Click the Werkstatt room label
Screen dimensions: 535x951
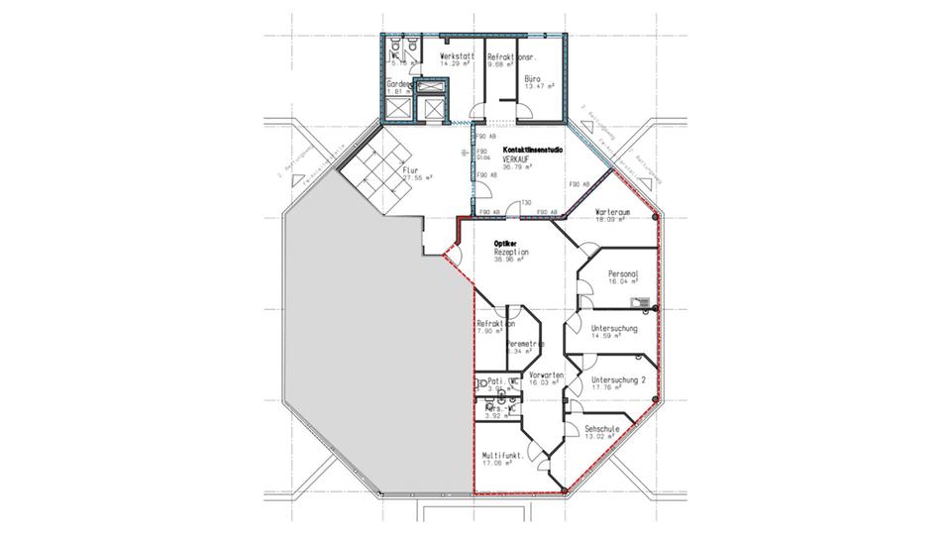pyautogui.click(x=457, y=56)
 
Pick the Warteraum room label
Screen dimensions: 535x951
pyautogui.click(x=614, y=213)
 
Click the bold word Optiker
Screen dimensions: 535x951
pyautogui.click(x=507, y=243)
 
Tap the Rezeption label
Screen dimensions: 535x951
pyautogui.click(x=512, y=253)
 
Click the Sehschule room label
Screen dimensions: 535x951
pyautogui.click(x=601, y=429)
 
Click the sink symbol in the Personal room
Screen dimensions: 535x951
pyautogui.click(x=644, y=301)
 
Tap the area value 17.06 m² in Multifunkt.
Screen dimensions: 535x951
pyautogui.click(x=496, y=462)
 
